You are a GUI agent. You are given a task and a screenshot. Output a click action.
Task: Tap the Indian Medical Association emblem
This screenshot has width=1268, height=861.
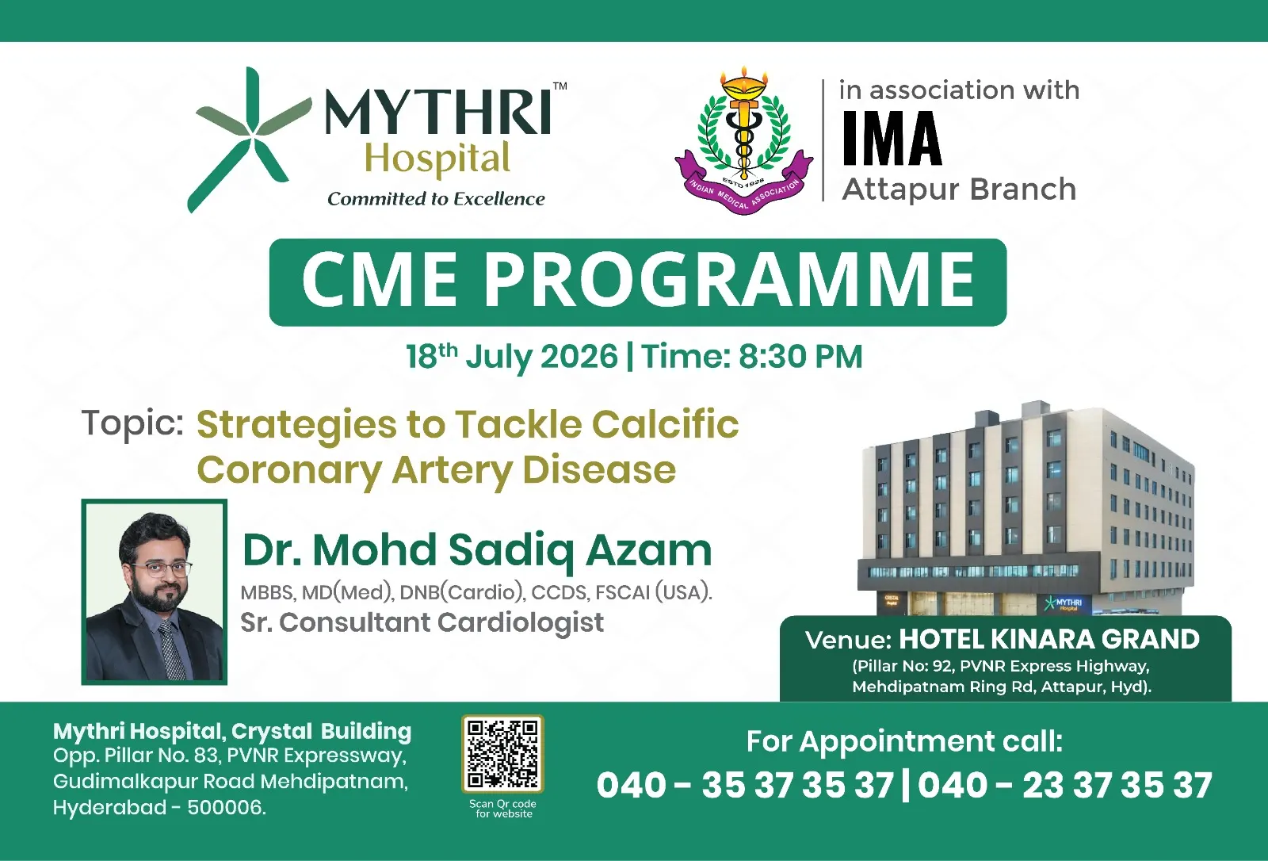coord(744,142)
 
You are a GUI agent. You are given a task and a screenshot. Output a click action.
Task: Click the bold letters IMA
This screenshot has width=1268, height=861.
coord(892,139)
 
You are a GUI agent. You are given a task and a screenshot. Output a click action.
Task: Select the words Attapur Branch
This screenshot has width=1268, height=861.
coord(959,189)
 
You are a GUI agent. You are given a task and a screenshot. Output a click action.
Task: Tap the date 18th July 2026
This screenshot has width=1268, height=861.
coord(512,357)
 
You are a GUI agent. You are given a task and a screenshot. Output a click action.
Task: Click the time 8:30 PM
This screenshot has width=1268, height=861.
coord(800,357)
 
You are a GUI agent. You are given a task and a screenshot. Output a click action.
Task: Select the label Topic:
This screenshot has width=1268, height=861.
coord(132,423)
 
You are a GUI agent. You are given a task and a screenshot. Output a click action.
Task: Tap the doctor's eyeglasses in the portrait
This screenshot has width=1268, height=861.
coord(162,568)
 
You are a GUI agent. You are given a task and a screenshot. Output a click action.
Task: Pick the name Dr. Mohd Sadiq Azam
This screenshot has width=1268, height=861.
coord(477,550)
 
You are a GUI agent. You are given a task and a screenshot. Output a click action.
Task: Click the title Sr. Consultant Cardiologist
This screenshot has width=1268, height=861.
coord(422,622)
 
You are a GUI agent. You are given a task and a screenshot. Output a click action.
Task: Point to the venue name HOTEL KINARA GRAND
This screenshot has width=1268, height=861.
coord(1049,640)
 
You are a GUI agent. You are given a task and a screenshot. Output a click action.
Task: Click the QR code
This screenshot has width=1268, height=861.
coord(502,754)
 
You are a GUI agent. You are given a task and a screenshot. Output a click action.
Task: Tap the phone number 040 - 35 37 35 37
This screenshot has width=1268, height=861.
coord(745,785)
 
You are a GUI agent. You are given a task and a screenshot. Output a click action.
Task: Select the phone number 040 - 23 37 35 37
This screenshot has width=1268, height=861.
coord(1065,785)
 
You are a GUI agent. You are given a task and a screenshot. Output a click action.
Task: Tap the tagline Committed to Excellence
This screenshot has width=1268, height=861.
coord(436,199)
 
